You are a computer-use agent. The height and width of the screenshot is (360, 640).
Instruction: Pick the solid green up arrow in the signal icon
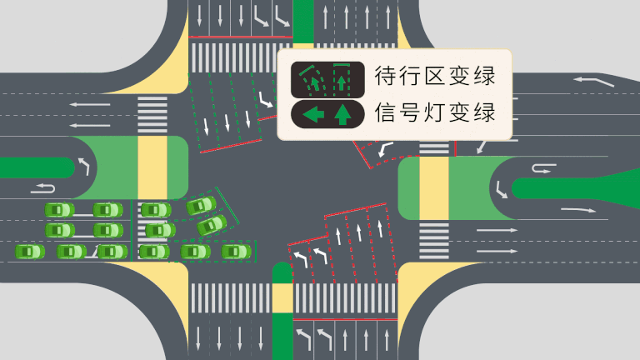(342, 114)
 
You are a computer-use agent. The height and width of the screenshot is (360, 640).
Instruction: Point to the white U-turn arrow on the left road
(42, 187)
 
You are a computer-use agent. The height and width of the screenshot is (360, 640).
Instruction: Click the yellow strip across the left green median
(152, 167)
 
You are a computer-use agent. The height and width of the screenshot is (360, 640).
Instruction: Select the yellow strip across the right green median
(433, 188)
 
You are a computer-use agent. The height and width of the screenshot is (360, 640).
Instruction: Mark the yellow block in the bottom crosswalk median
(282, 297)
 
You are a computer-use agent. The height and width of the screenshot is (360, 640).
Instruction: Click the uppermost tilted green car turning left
(200, 205)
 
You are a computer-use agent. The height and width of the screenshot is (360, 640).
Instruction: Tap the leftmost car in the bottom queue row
(29, 251)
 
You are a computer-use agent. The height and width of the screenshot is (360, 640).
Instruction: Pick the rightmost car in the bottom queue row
(236, 251)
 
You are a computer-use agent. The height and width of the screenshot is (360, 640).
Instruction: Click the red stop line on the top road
(241, 37)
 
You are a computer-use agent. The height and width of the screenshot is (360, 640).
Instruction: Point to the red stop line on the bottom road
(346, 319)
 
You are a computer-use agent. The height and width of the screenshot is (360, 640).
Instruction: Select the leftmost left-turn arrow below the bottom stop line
(302, 338)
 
